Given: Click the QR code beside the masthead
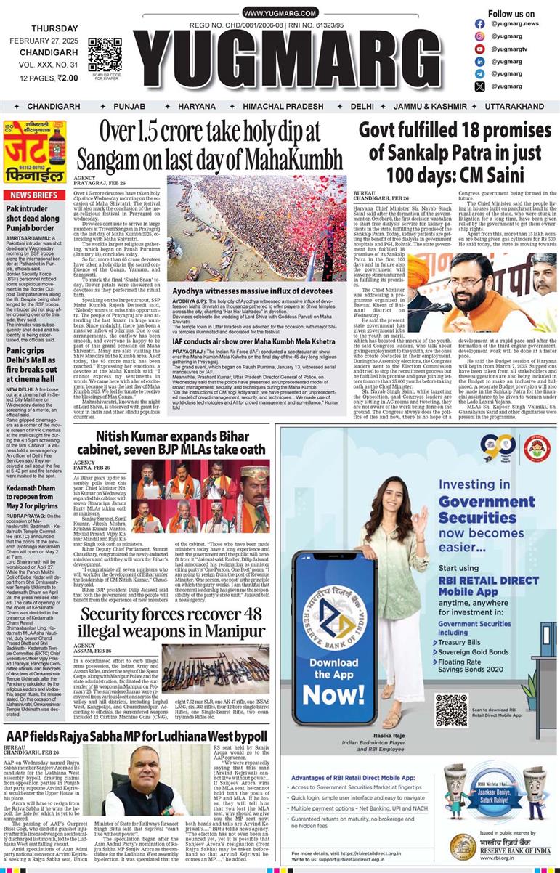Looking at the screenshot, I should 105,52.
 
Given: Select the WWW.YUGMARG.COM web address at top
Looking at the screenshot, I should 280,14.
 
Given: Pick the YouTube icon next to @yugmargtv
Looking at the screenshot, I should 479,49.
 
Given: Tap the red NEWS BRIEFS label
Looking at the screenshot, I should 34,195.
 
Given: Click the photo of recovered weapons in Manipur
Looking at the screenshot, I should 215,667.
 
